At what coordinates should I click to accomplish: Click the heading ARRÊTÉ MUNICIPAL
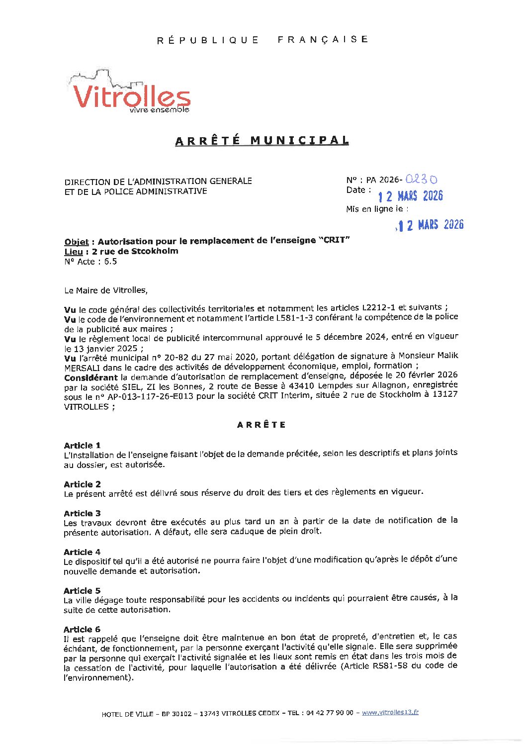click(x=262, y=141)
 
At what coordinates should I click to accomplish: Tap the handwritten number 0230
click(x=421, y=180)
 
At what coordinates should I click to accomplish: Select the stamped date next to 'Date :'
click(x=410, y=196)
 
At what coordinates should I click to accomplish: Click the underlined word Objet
click(x=76, y=242)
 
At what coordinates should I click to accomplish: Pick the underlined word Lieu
click(x=73, y=252)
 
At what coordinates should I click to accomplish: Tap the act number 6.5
click(x=110, y=262)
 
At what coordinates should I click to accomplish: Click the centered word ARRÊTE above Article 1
click(x=262, y=425)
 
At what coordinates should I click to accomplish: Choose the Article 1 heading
click(x=82, y=445)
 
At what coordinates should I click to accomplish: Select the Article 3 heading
click(x=82, y=513)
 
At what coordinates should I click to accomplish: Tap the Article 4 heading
click(x=82, y=552)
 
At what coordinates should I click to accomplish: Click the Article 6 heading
click(x=82, y=629)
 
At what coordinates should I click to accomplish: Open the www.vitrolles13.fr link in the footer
click(x=390, y=712)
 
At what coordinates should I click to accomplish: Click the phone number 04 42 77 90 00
click(x=329, y=713)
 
